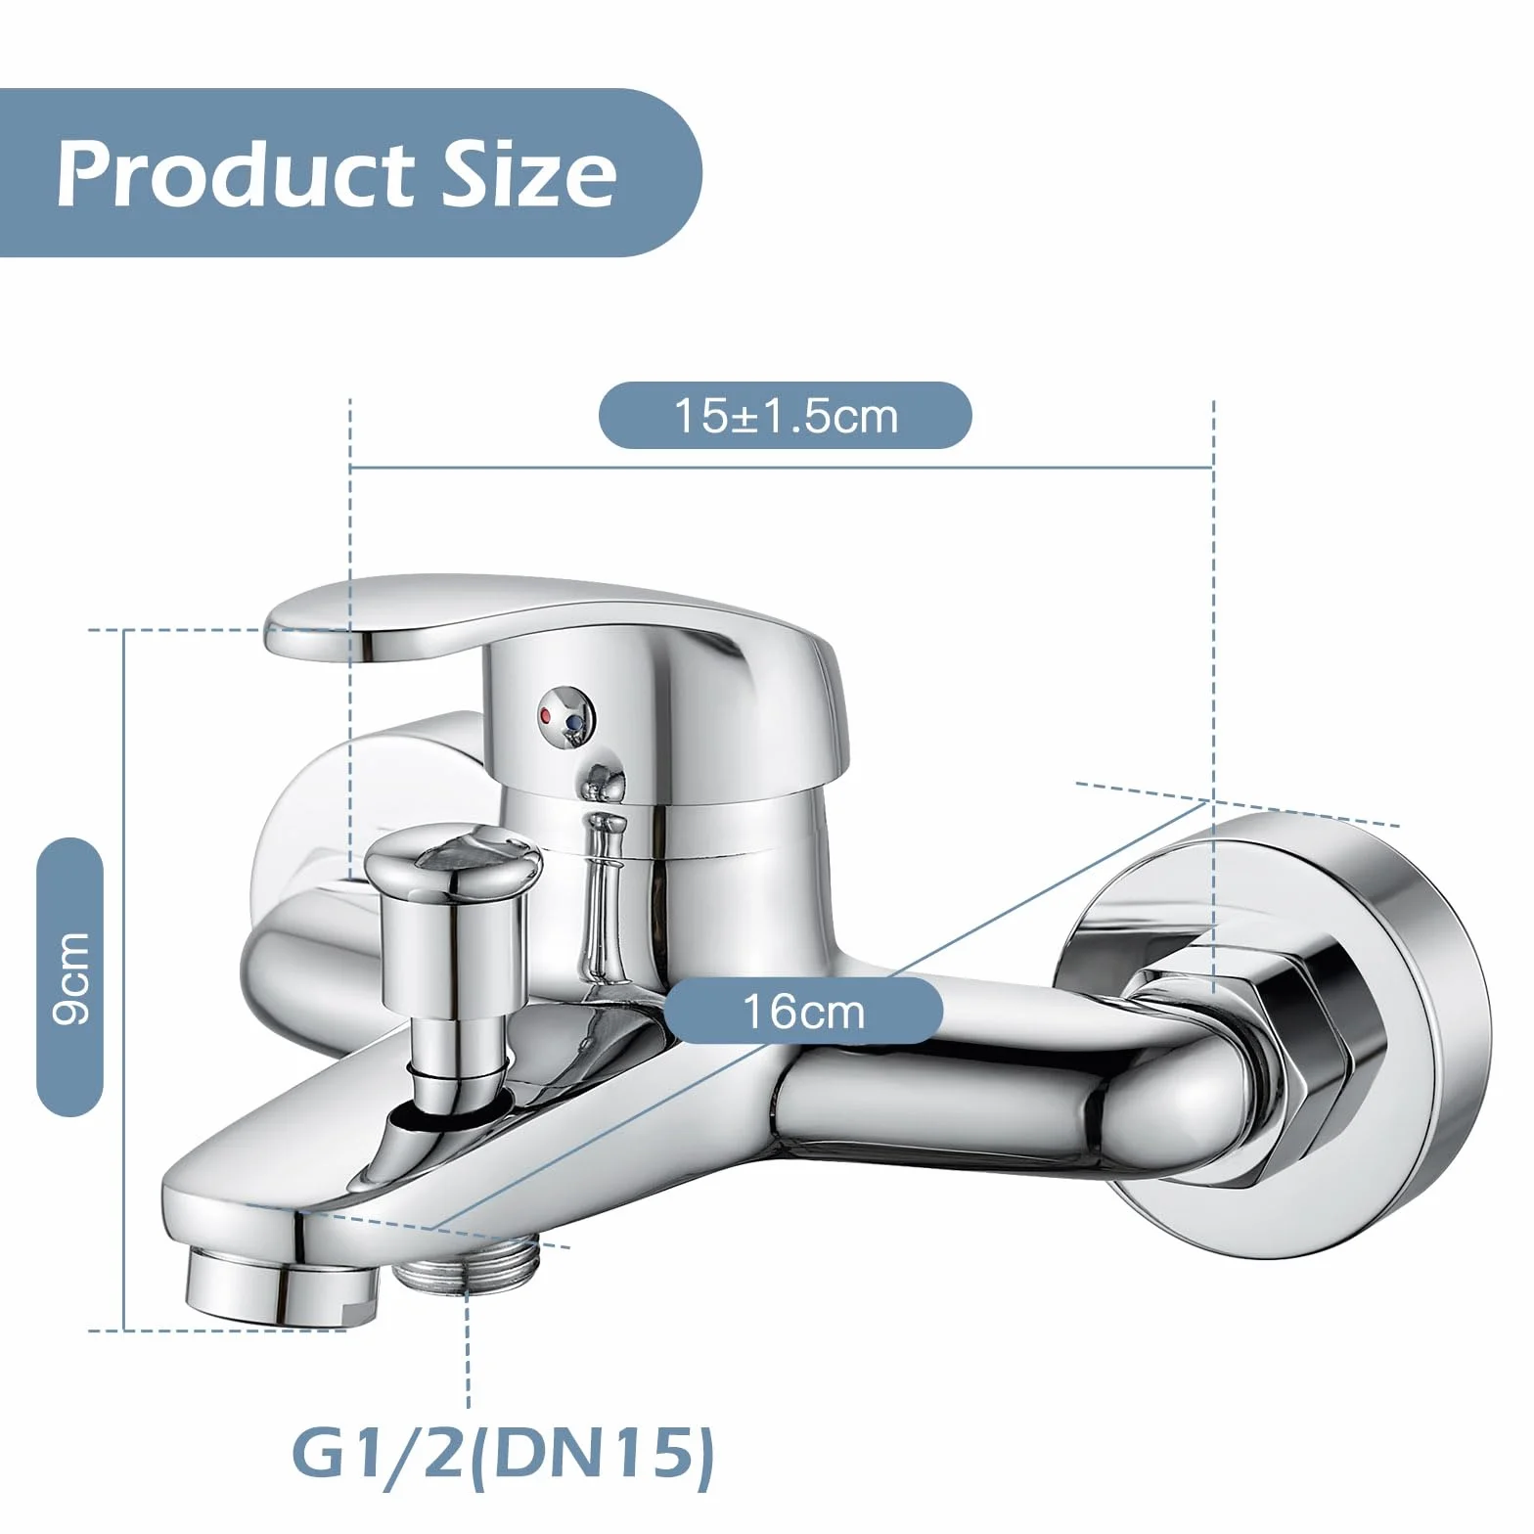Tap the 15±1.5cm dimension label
coord(785,416)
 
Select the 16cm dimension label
coord(803,1011)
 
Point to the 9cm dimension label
coord(70,977)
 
